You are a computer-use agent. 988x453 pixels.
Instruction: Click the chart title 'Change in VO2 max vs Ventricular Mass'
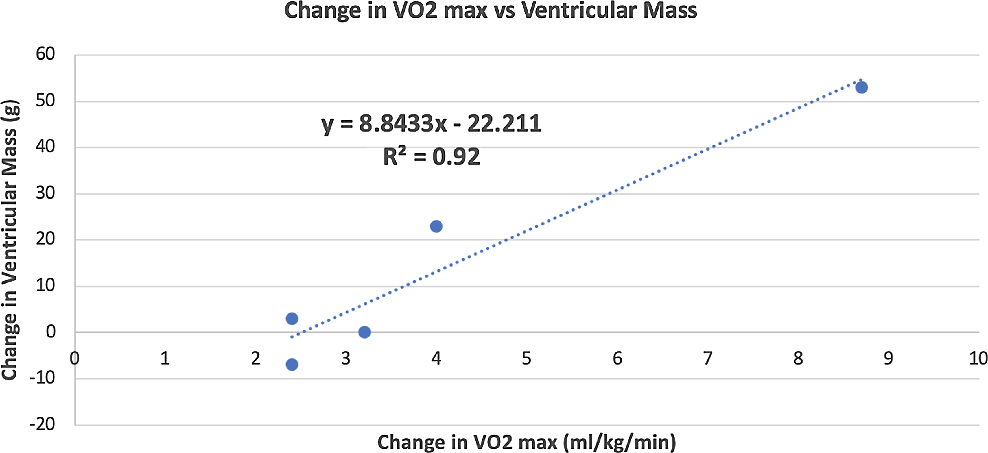[491, 10]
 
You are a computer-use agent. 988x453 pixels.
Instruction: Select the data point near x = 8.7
[862, 88]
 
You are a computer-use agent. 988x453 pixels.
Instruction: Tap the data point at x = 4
[436, 226]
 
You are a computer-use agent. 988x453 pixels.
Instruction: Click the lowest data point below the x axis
[292, 364]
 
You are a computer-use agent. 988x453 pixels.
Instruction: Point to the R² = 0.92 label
[432, 156]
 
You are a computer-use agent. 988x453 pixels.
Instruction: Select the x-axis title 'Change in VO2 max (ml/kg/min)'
[526, 442]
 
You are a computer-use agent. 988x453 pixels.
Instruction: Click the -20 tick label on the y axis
[42, 424]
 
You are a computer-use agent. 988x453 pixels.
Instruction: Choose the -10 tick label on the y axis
[42, 378]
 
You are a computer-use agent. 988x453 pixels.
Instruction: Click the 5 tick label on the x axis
[526, 359]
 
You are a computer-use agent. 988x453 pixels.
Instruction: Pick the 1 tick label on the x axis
[165, 359]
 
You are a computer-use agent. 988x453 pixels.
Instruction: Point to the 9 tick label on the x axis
[888, 359]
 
